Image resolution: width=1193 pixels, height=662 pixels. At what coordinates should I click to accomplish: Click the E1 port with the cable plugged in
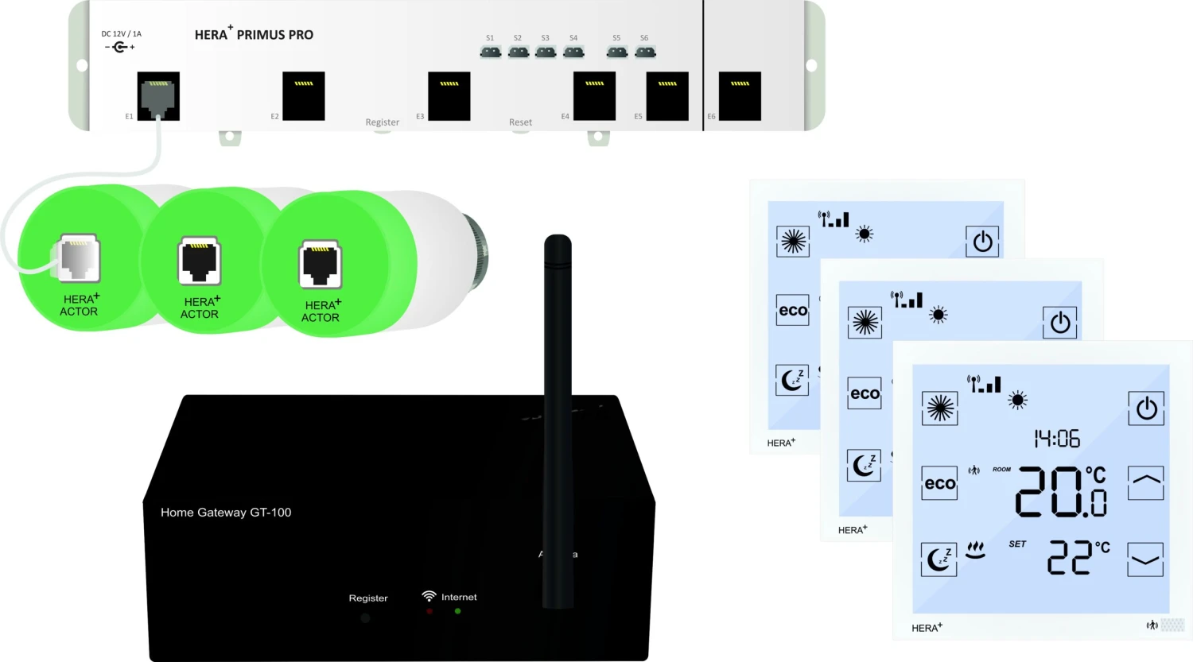[158, 96]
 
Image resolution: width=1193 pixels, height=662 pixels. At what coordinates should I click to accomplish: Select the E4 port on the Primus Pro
[594, 96]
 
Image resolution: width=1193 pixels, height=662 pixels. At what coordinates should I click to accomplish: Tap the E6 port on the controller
[740, 96]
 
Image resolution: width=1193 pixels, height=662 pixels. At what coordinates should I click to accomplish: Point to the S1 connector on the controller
[491, 52]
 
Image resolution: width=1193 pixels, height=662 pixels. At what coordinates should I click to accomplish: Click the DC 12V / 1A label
[121, 34]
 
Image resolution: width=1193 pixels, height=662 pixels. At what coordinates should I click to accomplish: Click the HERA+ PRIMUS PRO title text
[254, 35]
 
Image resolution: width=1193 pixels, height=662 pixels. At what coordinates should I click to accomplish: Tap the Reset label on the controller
[520, 122]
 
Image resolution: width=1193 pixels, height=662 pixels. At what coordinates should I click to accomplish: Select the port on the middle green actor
[199, 260]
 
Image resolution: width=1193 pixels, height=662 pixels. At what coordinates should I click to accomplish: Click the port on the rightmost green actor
[320, 264]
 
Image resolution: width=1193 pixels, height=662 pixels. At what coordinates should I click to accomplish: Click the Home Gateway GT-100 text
[226, 513]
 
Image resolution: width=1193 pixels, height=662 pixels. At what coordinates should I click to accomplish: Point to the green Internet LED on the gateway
[457, 611]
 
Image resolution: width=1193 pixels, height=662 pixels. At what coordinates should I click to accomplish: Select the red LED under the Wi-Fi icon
[429, 611]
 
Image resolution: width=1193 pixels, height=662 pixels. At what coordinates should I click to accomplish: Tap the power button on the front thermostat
[1146, 408]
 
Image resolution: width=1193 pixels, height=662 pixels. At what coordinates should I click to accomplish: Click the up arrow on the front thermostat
[1145, 482]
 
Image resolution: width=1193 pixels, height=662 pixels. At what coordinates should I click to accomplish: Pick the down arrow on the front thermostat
[1145, 559]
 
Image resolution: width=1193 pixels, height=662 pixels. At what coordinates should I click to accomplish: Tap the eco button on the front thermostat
[939, 483]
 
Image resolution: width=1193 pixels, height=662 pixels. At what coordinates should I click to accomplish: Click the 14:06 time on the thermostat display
[1056, 439]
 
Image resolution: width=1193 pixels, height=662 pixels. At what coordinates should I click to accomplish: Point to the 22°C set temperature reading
[1078, 557]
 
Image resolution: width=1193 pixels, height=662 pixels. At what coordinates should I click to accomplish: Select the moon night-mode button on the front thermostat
[938, 559]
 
